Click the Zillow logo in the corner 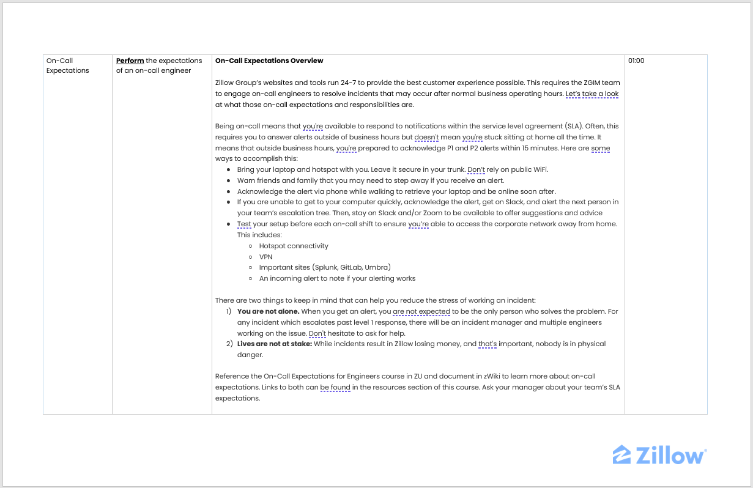pos(659,456)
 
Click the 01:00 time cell pos(636,61)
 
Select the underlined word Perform pos(130,61)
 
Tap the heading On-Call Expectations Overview pos(269,61)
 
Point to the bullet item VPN pos(265,257)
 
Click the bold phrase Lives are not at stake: pos(275,344)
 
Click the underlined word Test pos(244,224)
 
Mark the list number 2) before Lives pos(230,344)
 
